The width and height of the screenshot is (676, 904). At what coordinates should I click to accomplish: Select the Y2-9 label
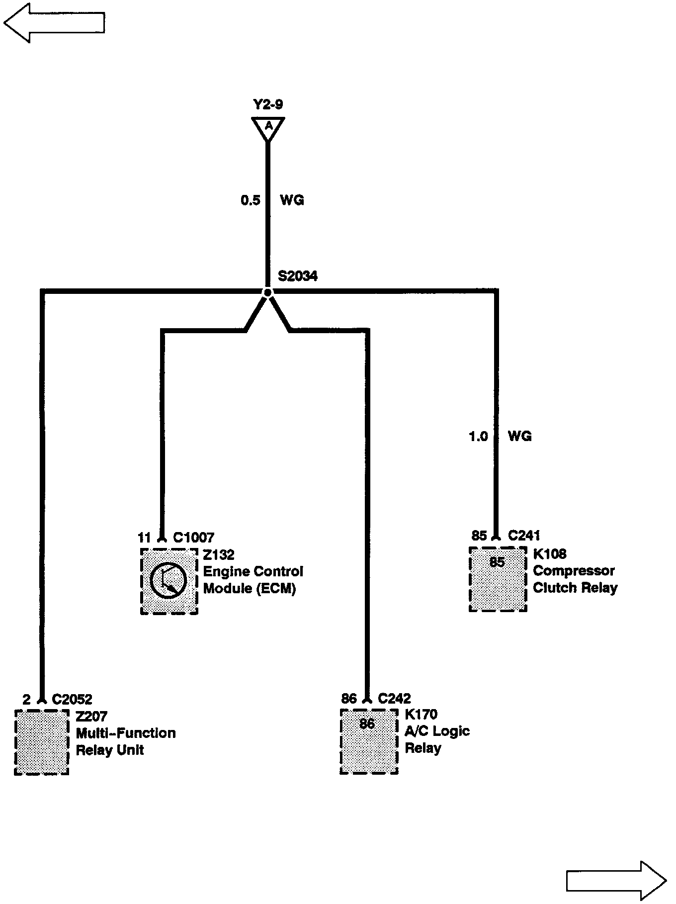coord(268,104)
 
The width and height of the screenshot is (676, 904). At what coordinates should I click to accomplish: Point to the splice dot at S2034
coord(267,292)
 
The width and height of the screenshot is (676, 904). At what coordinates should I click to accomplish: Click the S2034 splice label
coord(297,276)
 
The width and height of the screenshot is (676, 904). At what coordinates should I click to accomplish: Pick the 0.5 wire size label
coord(251,200)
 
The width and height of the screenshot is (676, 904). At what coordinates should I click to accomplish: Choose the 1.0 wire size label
coord(478,437)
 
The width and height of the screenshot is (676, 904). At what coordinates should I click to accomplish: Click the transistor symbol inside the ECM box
coord(168,581)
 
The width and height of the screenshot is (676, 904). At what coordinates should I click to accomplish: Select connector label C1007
coord(193,538)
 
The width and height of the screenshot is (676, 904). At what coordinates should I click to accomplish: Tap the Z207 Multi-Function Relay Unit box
coord(42,742)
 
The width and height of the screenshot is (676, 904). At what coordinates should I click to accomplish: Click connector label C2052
coord(72,700)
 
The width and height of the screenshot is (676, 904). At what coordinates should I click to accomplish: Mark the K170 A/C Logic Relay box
coord(369,741)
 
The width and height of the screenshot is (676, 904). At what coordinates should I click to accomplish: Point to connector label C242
coord(394,699)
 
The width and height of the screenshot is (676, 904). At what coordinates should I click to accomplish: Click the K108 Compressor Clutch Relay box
coord(498,579)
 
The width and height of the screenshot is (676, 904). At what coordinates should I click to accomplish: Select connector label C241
coord(524,536)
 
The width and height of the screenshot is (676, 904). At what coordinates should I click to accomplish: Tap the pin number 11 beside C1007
coord(144,538)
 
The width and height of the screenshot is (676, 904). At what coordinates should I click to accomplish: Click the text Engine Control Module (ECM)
coord(253,580)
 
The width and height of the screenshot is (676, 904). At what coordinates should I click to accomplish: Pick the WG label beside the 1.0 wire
coord(519,437)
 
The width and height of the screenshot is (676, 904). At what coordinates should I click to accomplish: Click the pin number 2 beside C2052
coord(27,700)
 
